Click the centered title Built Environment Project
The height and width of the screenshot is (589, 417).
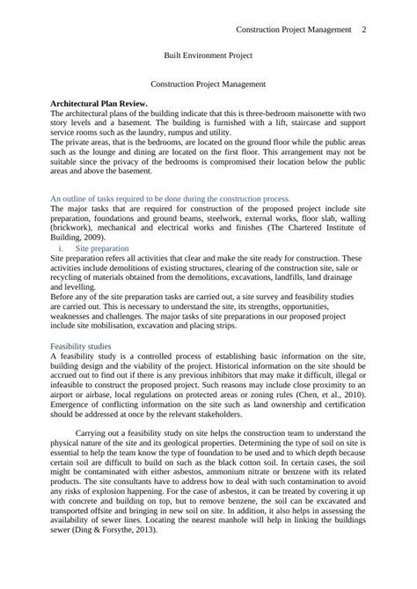[x=208, y=55]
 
